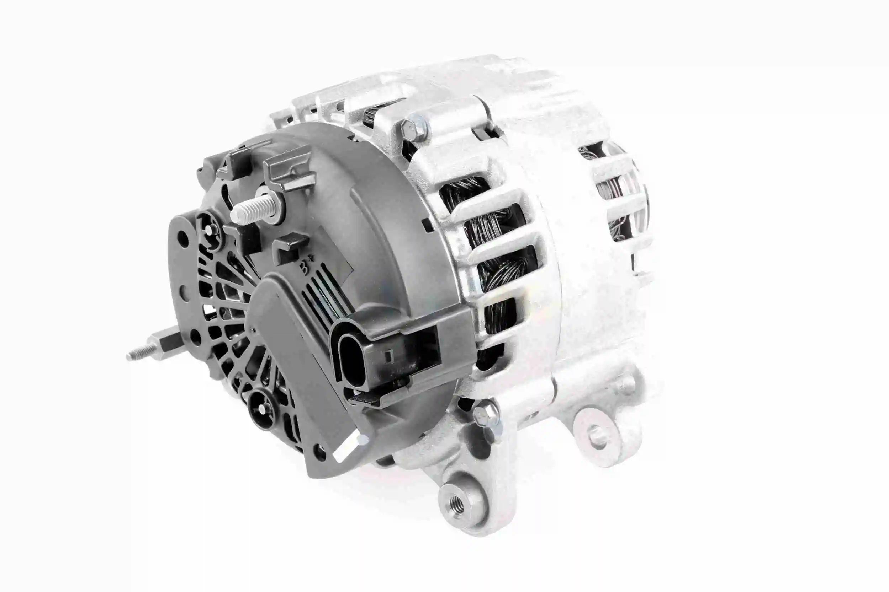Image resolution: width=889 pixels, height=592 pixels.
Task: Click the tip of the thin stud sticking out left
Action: [129, 356]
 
